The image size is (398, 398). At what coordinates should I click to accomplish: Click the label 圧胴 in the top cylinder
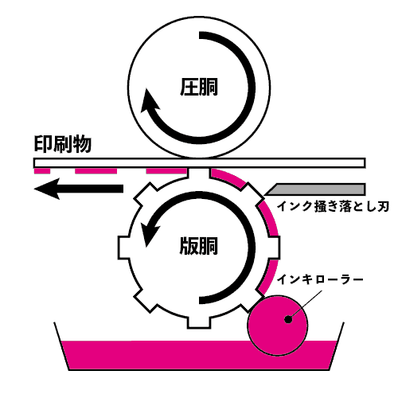199,87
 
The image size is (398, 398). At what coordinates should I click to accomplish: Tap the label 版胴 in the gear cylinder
199,246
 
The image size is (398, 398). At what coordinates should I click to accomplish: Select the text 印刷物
63,145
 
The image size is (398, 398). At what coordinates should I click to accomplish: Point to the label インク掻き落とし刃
333,206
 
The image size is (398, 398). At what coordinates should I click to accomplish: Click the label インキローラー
320,279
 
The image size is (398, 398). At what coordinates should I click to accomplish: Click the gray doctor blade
316,189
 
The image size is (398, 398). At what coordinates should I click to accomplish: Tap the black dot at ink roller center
288,319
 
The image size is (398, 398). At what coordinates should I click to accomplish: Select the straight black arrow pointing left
79,189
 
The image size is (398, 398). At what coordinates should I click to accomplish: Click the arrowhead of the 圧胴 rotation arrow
149,101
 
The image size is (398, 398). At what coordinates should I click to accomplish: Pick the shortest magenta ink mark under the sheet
42,171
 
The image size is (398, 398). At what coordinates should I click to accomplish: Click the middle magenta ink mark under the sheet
96,171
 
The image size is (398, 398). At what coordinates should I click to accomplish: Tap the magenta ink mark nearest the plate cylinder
166,171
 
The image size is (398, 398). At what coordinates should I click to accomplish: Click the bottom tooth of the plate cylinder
199,323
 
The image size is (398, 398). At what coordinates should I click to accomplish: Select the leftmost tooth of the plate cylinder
123,248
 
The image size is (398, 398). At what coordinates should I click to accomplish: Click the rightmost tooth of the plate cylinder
275,248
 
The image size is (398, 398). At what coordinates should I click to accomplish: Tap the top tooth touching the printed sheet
199,174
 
